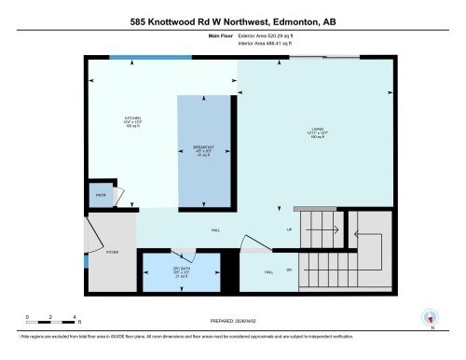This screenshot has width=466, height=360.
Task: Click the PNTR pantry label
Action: (x=101, y=196)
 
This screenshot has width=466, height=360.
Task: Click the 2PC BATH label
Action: (x=181, y=271)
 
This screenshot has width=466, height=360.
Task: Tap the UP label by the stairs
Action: (x=289, y=228)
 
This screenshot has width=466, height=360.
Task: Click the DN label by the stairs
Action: (x=289, y=271)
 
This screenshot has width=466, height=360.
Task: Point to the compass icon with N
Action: (x=430, y=317)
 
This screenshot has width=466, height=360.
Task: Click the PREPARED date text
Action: (x=233, y=320)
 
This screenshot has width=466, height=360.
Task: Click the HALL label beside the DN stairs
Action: (x=268, y=271)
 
